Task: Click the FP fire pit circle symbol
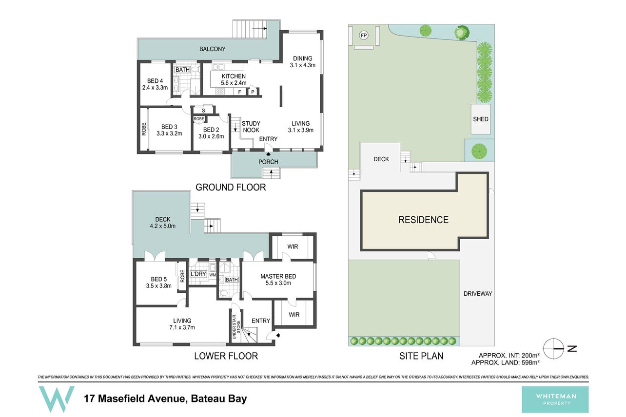click(364, 36)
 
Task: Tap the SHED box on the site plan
click(481, 119)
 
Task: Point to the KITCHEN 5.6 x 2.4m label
click(234, 79)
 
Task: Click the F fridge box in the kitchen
click(239, 92)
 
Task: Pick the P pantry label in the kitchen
click(253, 92)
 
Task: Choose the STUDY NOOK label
click(251, 127)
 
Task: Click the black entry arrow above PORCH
click(268, 153)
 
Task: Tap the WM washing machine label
click(213, 275)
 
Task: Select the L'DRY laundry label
click(198, 274)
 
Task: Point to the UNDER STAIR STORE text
click(236, 327)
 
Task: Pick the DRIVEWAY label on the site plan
click(478, 294)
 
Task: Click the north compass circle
click(553, 348)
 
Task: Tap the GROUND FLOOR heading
click(231, 187)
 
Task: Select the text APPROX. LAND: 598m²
click(505, 362)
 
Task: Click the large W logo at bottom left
click(57, 399)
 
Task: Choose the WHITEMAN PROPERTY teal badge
click(555, 399)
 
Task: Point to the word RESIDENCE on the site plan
click(423, 220)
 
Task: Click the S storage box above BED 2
click(203, 110)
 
